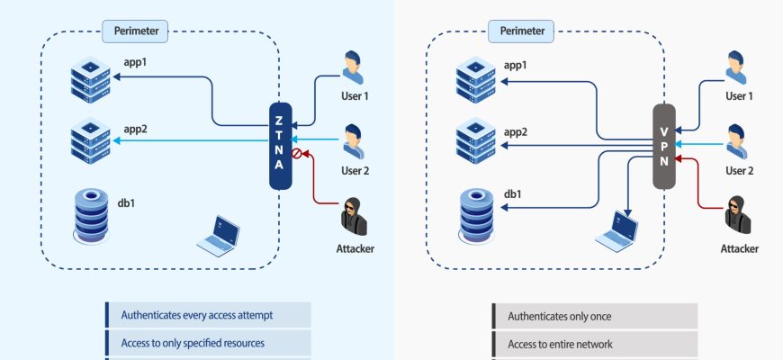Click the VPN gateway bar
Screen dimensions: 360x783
click(x=663, y=147)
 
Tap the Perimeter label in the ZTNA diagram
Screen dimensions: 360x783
click(x=136, y=31)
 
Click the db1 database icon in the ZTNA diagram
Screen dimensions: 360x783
click(x=92, y=215)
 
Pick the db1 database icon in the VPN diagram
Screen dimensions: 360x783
click(x=477, y=216)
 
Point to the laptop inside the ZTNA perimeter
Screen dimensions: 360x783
click(x=219, y=233)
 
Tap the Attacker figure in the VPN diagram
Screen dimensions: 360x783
click(x=738, y=216)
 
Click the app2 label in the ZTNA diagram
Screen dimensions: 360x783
click(x=135, y=130)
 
